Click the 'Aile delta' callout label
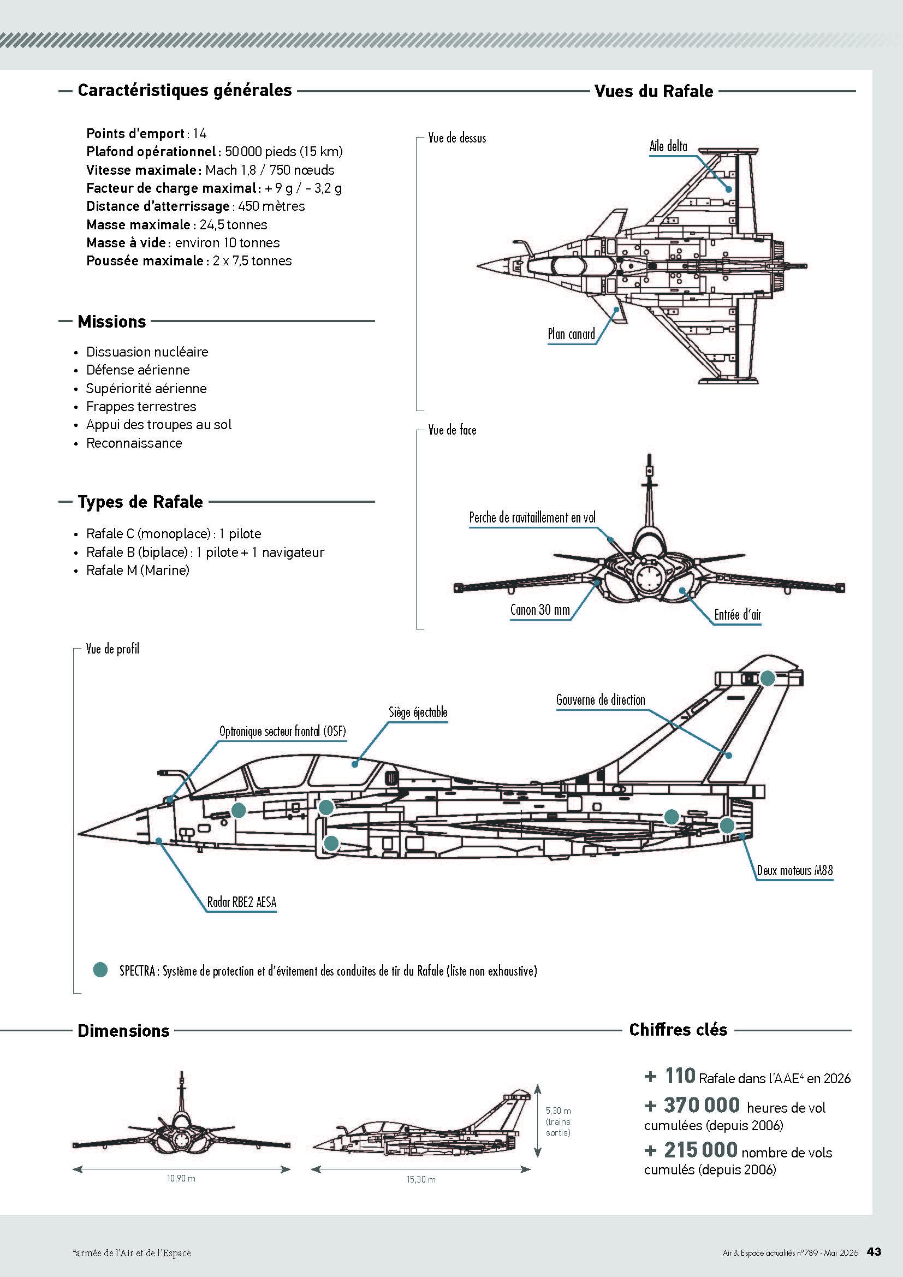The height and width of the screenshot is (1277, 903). [668, 146]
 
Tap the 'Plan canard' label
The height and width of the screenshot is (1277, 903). [571, 334]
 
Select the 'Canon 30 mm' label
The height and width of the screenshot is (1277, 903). [540, 610]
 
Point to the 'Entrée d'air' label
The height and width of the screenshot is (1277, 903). [737, 615]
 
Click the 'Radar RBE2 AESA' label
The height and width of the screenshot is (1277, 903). [241, 902]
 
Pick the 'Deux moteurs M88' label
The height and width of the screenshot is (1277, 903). [794, 870]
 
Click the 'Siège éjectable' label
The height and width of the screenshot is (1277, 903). [418, 712]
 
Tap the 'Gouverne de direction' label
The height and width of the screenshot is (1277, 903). [601, 700]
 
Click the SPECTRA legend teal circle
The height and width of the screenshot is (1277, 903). [100, 970]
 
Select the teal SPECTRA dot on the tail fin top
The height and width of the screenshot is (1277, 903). [767, 678]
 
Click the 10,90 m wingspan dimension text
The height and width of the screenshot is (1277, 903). [181, 1178]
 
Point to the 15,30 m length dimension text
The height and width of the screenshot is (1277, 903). [421, 1179]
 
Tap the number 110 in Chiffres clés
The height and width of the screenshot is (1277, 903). [680, 1076]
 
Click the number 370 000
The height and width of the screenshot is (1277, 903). [702, 1105]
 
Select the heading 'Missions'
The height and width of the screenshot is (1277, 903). [112, 322]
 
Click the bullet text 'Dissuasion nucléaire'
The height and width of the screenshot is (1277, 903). [147, 352]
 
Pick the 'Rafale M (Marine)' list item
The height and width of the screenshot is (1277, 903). [138, 570]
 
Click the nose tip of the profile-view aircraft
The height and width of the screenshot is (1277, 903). [79, 834]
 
